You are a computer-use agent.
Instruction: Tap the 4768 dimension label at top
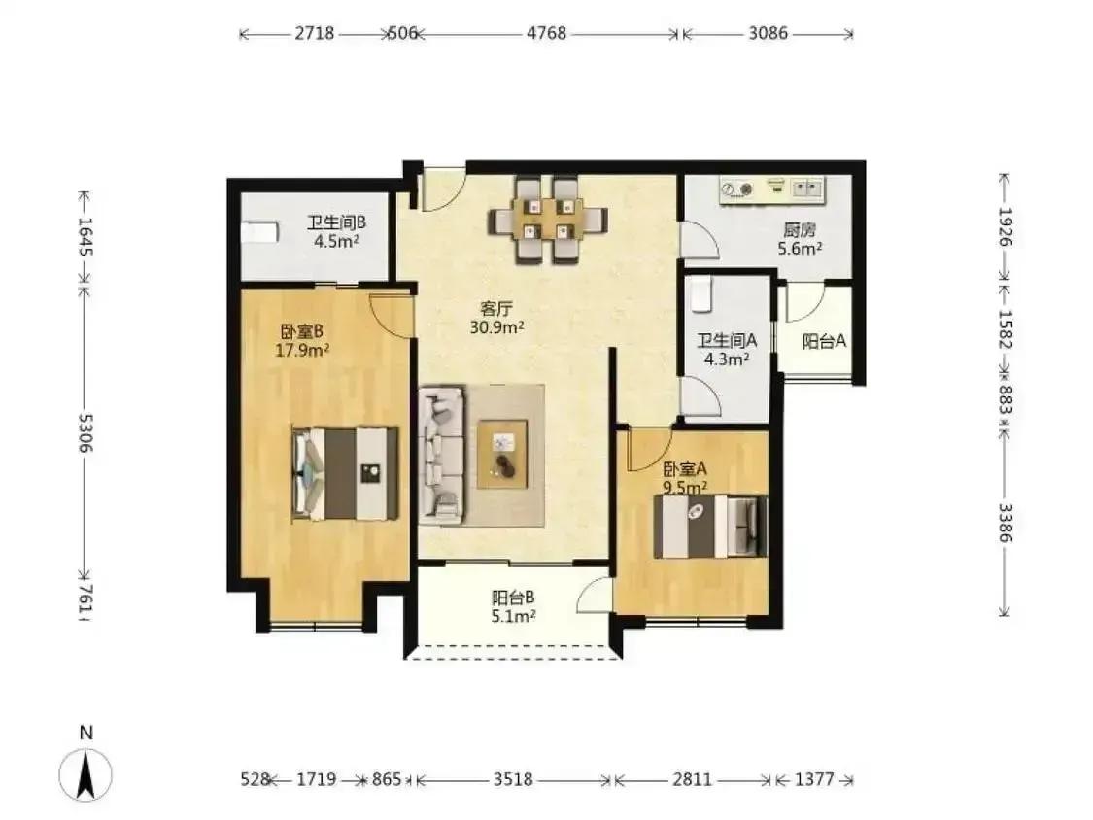pos(546,33)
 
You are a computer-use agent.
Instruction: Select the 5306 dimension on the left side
pos(85,432)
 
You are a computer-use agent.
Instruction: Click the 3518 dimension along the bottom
pos(514,779)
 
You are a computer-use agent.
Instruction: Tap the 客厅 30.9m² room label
pos(497,318)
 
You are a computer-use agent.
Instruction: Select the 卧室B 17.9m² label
pos(302,341)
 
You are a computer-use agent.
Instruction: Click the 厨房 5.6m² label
pos(800,239)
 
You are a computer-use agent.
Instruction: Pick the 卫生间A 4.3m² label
pos(727,350)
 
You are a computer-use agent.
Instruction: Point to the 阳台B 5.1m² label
pos(514,606)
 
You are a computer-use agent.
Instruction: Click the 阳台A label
pos(824,341)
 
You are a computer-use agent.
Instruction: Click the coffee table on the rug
pos(502,454)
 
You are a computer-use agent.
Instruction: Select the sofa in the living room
pos(441,456)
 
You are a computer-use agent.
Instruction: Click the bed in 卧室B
pos(345,473)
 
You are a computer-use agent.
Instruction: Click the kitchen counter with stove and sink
pos(772,190)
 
